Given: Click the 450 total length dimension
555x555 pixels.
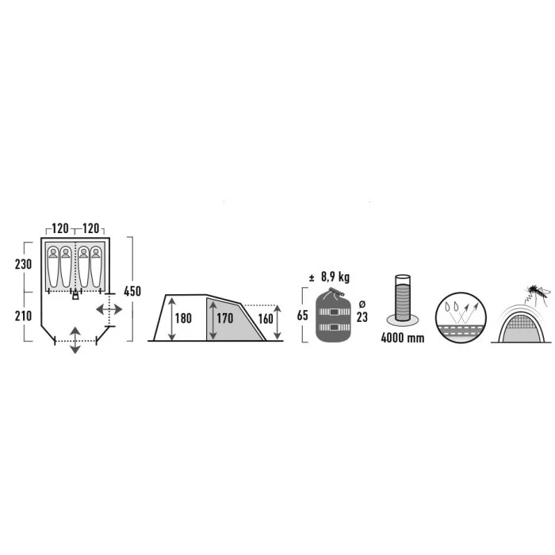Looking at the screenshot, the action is (132, 291).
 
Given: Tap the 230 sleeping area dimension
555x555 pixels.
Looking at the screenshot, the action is (23, 264).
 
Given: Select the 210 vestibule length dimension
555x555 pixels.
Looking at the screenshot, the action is (23, 316).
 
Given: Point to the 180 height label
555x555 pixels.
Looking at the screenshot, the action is (183, 318).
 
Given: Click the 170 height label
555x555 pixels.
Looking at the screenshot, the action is (225, 318).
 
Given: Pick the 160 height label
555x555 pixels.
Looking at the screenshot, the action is (266, 319).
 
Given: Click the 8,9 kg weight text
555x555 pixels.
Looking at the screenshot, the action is (335, 277).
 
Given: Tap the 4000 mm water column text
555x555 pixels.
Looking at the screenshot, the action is (403, 338).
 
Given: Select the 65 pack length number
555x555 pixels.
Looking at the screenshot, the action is (303, 315).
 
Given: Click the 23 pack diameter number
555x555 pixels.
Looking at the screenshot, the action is (362, 317).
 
